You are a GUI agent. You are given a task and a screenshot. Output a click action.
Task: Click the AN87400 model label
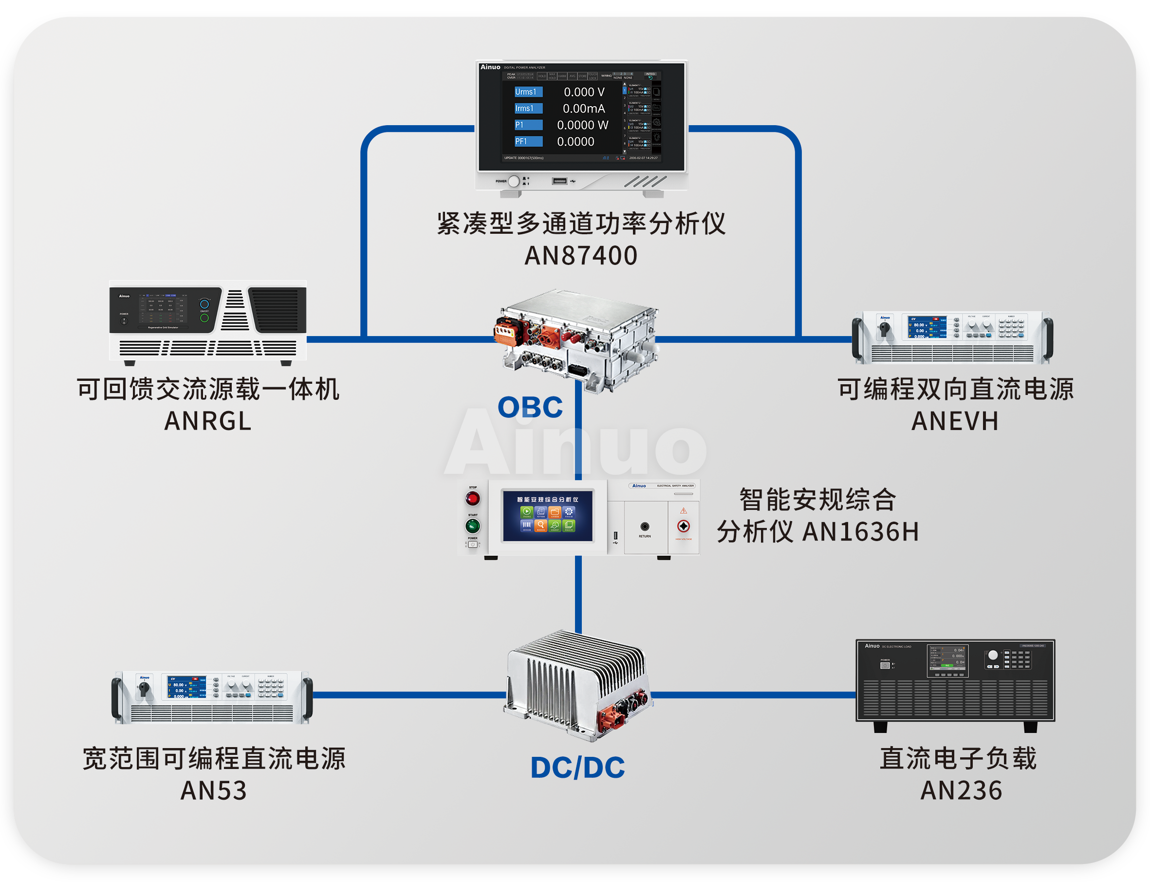click(x=580, y=256)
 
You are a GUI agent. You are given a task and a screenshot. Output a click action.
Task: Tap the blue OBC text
click(x=530, y=408)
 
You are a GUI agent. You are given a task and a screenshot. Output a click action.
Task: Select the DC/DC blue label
click(x=577, y=768)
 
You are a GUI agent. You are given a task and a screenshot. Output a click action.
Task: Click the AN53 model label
click(x=213, y=790)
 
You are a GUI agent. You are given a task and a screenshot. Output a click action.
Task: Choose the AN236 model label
click(x=961, y=790)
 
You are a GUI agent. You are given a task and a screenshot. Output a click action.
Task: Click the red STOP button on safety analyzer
click(x=472, y=498)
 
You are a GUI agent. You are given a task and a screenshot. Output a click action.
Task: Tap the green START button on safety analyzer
click(x=472, y=525)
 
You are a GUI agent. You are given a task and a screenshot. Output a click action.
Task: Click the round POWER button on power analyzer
click(x=514, y=181)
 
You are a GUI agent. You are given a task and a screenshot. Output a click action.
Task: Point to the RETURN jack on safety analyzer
click(x=645, y=526)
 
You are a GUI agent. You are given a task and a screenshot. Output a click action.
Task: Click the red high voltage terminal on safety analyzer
click(x=684, y=525)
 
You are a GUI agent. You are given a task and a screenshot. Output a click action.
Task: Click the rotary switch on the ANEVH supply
click(x=885, y=329)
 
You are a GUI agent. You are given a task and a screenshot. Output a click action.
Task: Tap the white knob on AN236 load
click(x=993, y=655)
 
